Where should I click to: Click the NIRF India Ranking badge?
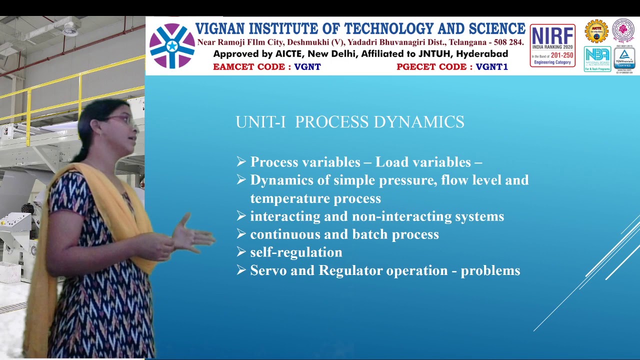tap(552, 45)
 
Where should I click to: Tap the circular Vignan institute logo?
tap(172, 46)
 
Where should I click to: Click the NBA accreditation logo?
tap(597, 59)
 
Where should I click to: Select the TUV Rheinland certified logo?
tap(624, 59)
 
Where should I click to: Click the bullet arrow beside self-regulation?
tap(241, 252)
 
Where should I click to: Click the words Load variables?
tap(423, 162)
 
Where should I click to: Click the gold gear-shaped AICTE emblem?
tap(596, 31)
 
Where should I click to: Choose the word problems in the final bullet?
tap(490, 270)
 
